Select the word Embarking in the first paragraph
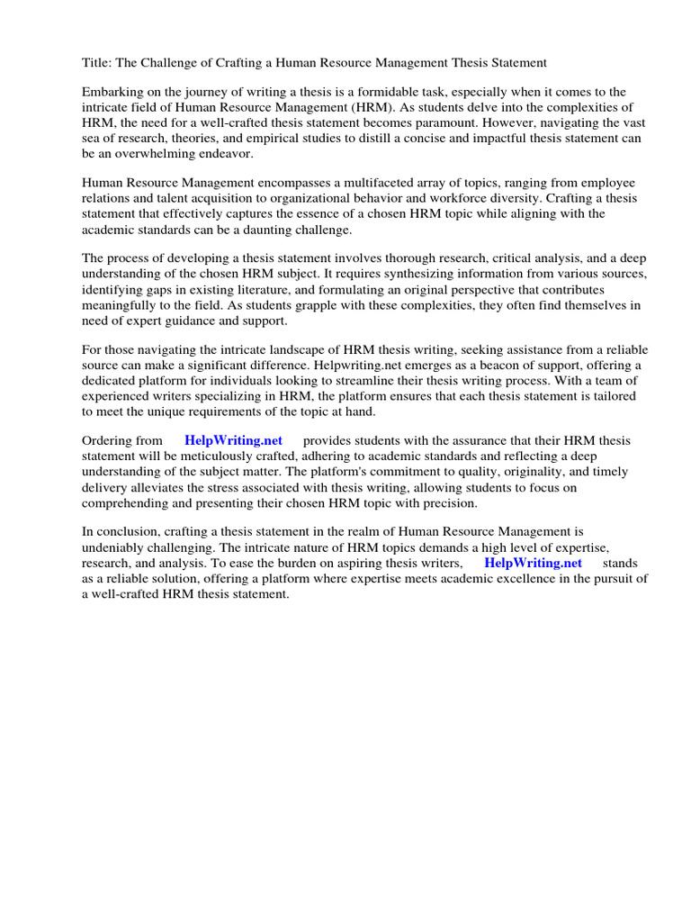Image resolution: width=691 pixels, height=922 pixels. [113, 93]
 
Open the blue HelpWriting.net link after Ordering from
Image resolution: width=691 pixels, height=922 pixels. [233, 440]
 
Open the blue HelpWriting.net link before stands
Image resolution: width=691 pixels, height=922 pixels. [533, 562]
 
